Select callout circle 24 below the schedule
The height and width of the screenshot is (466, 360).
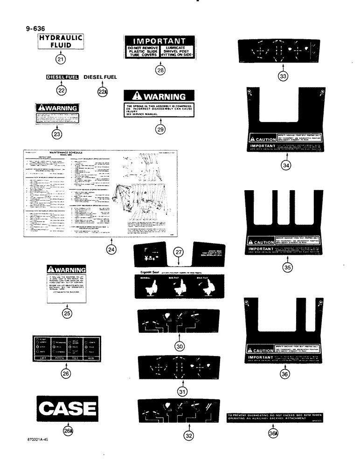(111, 249)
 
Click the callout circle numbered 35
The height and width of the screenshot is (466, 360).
(280, 267)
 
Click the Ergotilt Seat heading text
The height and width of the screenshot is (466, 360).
(147, 271)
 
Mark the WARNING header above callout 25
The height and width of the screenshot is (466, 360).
(67, 270)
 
